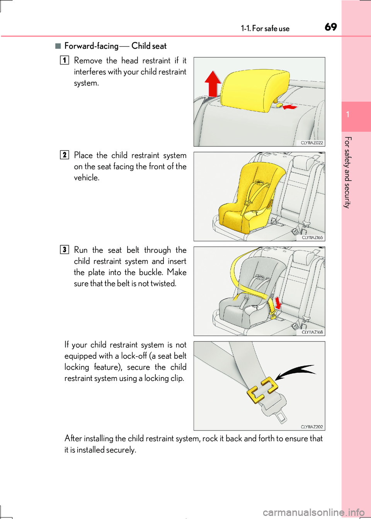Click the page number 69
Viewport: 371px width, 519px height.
coord(330,27)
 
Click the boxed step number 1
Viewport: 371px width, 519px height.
coord(65,60)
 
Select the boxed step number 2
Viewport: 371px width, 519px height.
coord(65,155)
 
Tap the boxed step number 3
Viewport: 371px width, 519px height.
coord(65,250)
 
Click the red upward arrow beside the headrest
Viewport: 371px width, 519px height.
coord(212,84)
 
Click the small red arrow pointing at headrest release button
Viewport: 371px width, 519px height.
coord(290,107)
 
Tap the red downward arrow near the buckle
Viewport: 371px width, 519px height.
coord(277,303)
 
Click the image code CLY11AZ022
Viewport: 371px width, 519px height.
coord(312,143)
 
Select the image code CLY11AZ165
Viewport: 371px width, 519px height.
coord(312,237)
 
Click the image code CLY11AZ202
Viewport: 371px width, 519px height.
coord(312,427)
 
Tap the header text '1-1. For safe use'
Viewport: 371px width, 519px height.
coord(265,29)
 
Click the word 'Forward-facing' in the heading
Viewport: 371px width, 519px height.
coord(91,46)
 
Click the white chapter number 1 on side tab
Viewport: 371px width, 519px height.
coord(348,114)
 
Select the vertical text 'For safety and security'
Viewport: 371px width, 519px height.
coord(347,172)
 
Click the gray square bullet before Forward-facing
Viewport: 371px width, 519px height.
coord(58,46)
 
